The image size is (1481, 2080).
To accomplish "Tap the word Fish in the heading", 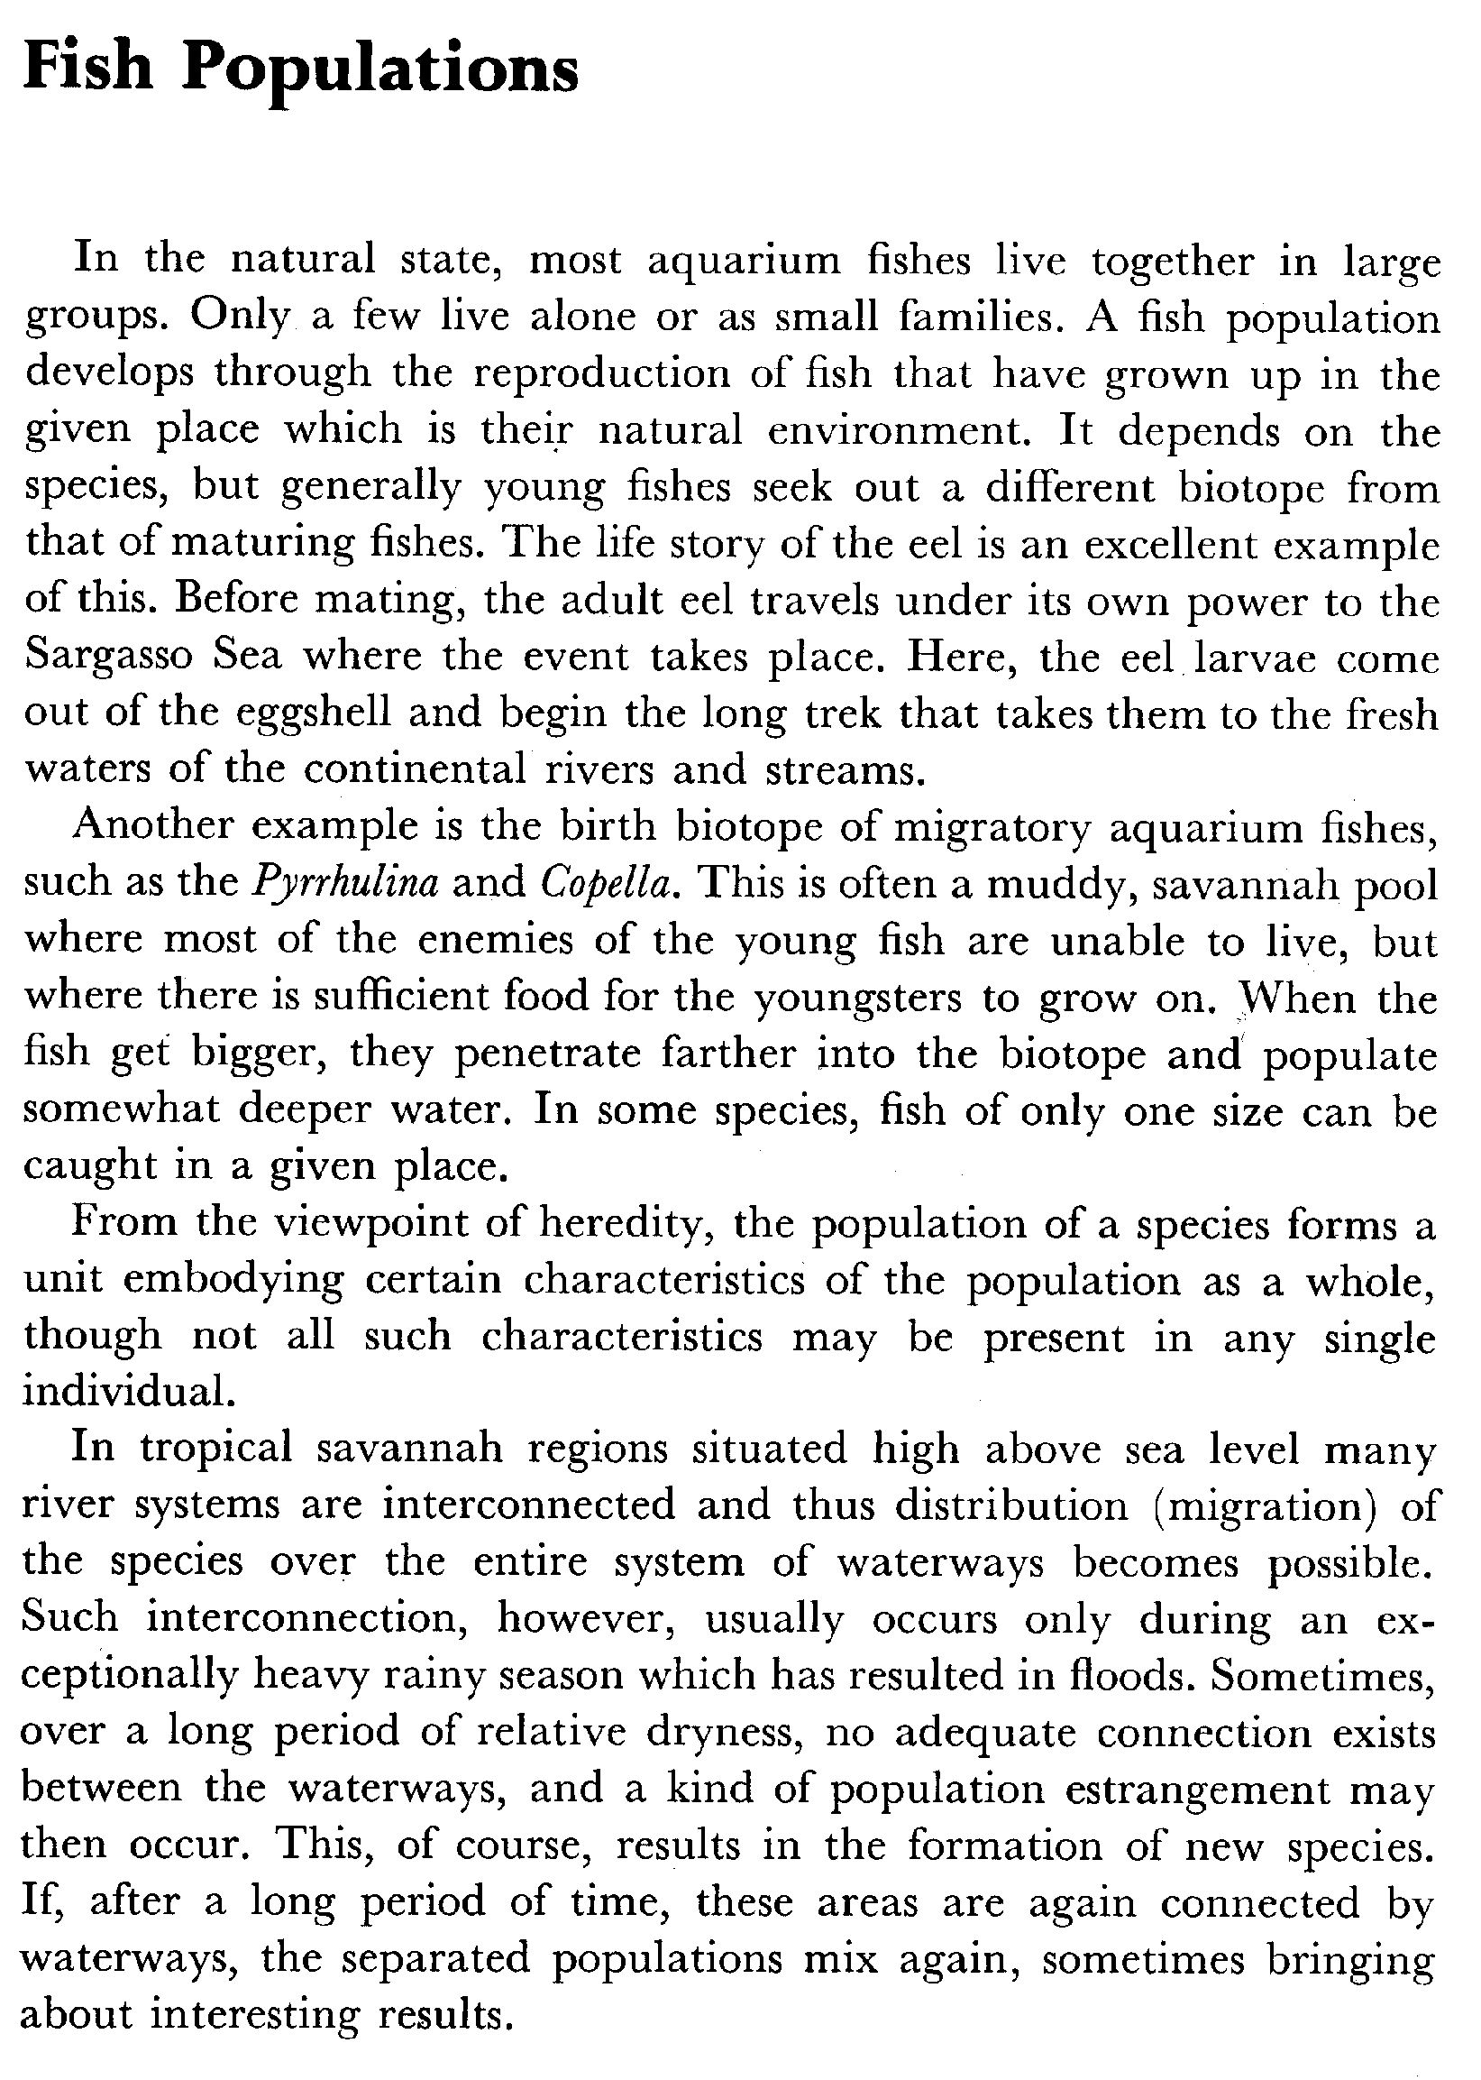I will click(x=88, y=69).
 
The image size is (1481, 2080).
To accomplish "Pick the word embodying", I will click(x=233, y=1281).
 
